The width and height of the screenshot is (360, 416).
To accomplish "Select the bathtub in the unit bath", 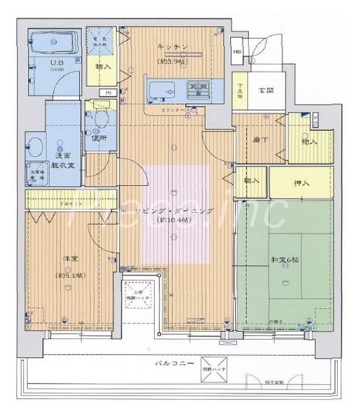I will pos(55,42).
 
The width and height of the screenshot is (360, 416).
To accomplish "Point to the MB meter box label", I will pos(237,52).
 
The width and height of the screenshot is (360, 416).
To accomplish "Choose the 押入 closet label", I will pos(302,183).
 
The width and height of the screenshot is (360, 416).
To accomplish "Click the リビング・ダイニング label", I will pos(173,210).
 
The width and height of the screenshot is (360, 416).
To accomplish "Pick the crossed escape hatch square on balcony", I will pos(211,367).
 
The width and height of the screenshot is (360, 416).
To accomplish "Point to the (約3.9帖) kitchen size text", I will pos(171,60).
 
